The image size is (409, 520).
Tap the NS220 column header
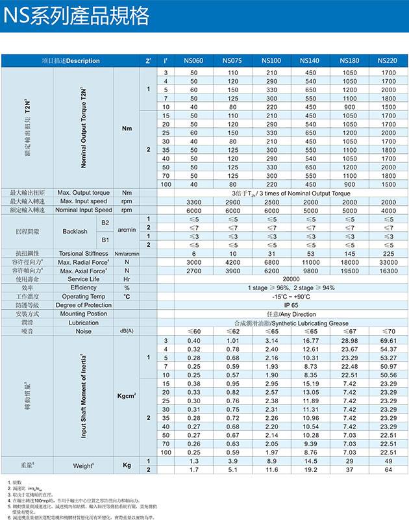pos(388,61)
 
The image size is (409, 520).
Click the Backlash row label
pos(75,231)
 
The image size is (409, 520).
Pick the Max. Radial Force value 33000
pos(388,262)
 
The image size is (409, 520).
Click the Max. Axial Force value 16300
pos(388,270)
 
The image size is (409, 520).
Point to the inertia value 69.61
pos(388,341)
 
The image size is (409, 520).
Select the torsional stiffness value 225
pos(388,253)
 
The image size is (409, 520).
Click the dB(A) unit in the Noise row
pos(127,331)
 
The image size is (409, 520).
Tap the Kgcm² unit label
pos(127,395)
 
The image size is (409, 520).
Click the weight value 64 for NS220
pos(388,469)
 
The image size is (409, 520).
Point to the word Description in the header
pos(83,61)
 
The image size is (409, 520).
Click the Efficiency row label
pos(83,287)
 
